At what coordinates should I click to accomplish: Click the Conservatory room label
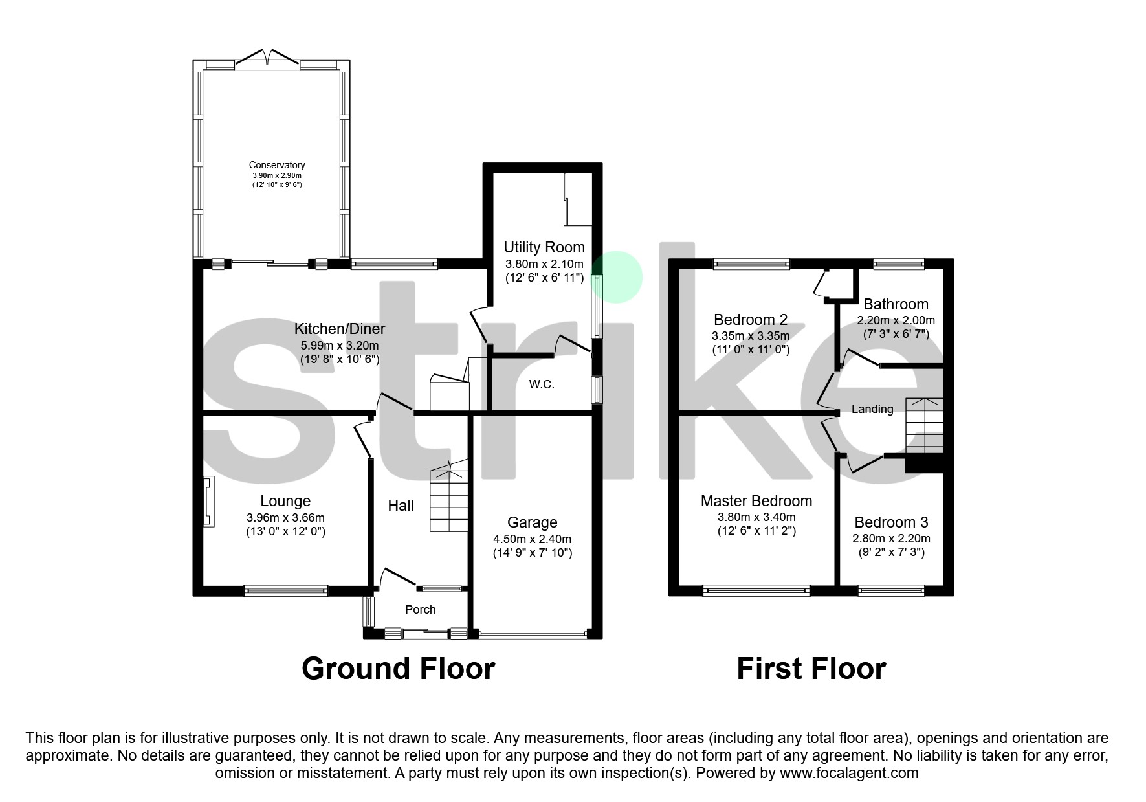click(x=278, y=165)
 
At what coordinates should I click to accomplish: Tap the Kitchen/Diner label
click(x=340, y=329)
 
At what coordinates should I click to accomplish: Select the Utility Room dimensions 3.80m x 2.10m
click(x=544, y=264)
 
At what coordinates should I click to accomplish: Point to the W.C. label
click(x=542, y=384)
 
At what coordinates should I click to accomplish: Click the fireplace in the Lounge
click(x=208, y=502)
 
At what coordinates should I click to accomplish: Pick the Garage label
click(x=532, y=522)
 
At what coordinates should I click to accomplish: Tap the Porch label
click(x=421, y=610)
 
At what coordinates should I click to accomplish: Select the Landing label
click(x=872, y=409)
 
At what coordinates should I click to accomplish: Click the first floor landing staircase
click(x=924, y=425)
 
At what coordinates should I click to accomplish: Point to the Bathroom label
click(x=896, y=304)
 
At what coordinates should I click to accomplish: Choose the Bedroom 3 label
click(x=891, y=522)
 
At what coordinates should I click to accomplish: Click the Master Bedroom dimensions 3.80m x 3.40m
click(x=756, y=517)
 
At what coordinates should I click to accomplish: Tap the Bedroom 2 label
click(x=751, y=320)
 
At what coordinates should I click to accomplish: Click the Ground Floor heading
click(x=399, y=669)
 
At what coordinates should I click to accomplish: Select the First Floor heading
click(x=811, y=669)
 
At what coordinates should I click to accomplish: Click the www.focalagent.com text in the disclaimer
click(x=849, y=773)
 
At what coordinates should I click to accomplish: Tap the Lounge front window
click(x=286, y=590)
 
